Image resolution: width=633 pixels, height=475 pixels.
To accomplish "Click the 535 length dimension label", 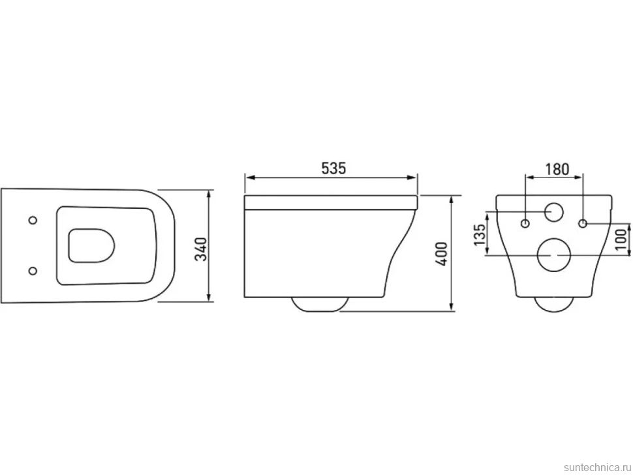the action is [x=334, y=168].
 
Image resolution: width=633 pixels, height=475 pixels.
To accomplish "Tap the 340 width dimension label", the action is [x=201, y=249].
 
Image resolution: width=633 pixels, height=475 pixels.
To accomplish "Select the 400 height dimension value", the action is [x=443, y=253].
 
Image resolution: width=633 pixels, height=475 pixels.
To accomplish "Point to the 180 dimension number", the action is [x=557, y=169].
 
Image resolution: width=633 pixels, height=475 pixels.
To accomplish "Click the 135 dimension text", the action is [x=480, y=234].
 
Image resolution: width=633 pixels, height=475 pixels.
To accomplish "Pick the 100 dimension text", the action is [x=622, y=239].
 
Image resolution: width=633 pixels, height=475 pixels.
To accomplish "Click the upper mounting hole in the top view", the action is [x=33, y=220].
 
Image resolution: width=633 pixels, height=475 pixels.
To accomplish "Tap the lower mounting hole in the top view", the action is [x=33, y=271].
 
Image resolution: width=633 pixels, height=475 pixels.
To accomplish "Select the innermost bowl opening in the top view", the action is [x=91, y=246].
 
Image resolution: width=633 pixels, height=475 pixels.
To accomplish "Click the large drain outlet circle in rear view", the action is [x=553, y=254].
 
